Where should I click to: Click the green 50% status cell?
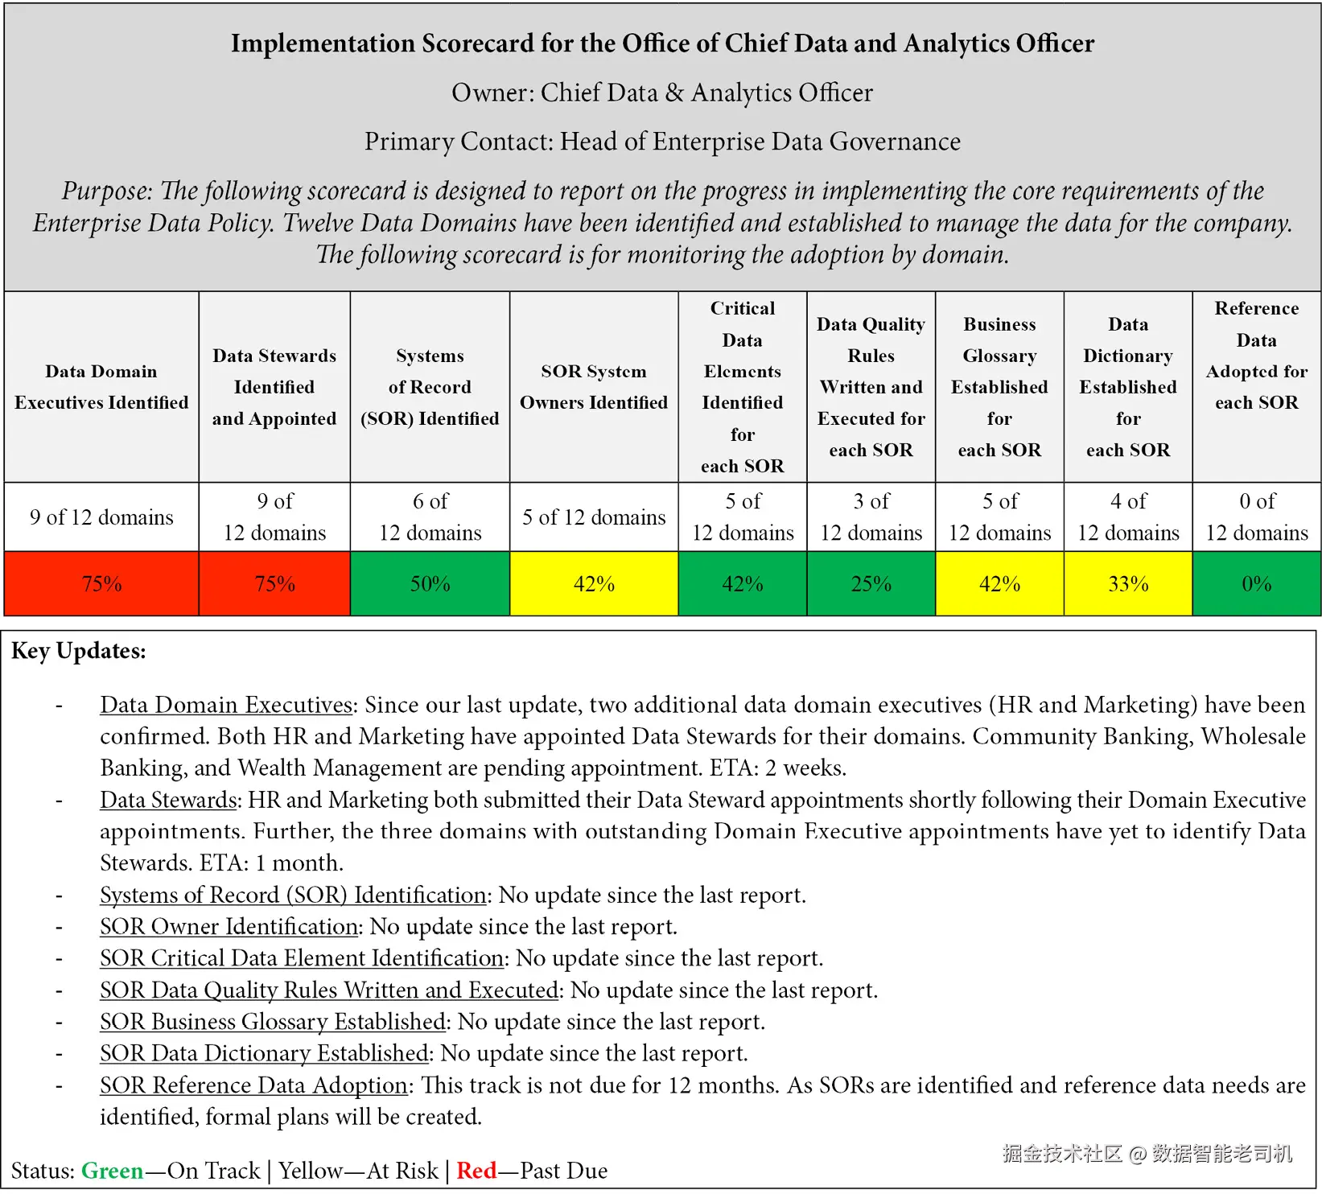click(430, 584)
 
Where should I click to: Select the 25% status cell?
click(871, 584)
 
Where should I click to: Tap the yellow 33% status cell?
click(1128, 584)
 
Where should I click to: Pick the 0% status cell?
click(1256, 584)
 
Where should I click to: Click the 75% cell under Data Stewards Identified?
click(274, 584)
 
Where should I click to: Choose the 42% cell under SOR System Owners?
click(594, 584)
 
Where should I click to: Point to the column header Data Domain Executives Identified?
click(101, 387)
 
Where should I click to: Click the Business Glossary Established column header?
click(999, 387)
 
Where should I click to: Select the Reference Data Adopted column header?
click(1256, 356)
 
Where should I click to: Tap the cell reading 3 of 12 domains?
click(871, 517)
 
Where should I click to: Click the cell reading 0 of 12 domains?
click(1256, 517)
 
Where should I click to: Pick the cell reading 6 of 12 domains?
click(430, 517)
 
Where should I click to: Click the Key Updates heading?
click(79, 651)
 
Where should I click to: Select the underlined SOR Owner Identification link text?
click(229, 927)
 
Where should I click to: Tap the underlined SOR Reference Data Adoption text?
click(253, 1085)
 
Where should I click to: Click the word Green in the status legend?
click(112, 1171)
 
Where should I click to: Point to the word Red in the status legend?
click(476, 1171)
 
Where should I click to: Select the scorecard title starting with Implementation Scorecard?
click(662, 43)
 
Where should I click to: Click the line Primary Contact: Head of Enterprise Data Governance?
click(662, 142)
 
